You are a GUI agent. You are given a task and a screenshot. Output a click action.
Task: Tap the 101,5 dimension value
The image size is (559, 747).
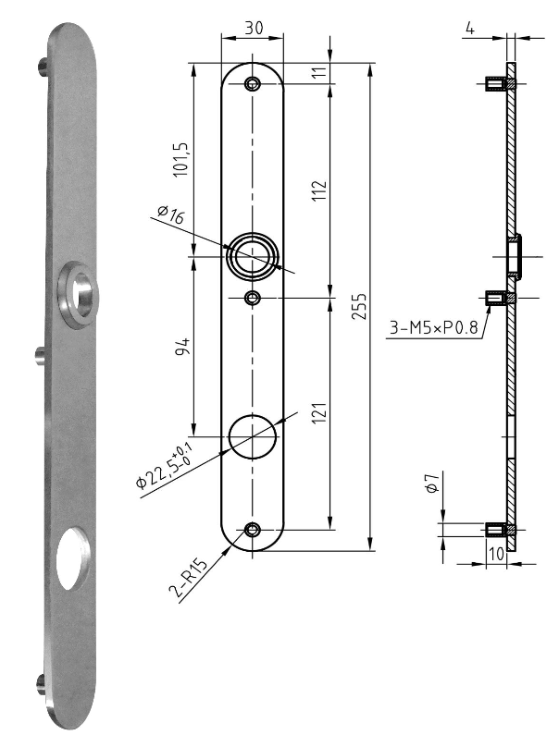pyautogui.click(x=180, y=159)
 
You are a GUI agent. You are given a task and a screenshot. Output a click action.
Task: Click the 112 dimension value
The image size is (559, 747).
pyautogui.click(x=318, y=190)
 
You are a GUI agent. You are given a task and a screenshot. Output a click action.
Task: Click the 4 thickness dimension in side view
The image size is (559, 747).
pyautogui.click(x=470, y=28)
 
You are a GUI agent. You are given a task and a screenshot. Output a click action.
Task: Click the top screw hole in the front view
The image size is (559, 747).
pyautogui.click(x=253, y=85)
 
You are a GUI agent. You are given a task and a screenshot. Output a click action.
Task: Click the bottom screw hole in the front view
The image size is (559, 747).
pyautogui.click(x=253, y=530)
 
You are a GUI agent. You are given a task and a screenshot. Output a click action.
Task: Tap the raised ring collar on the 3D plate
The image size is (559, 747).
pyautogui.click(x=76, y=294)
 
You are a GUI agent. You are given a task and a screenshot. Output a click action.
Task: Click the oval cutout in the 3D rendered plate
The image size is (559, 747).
pyautogui.click(x=69, y=557)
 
